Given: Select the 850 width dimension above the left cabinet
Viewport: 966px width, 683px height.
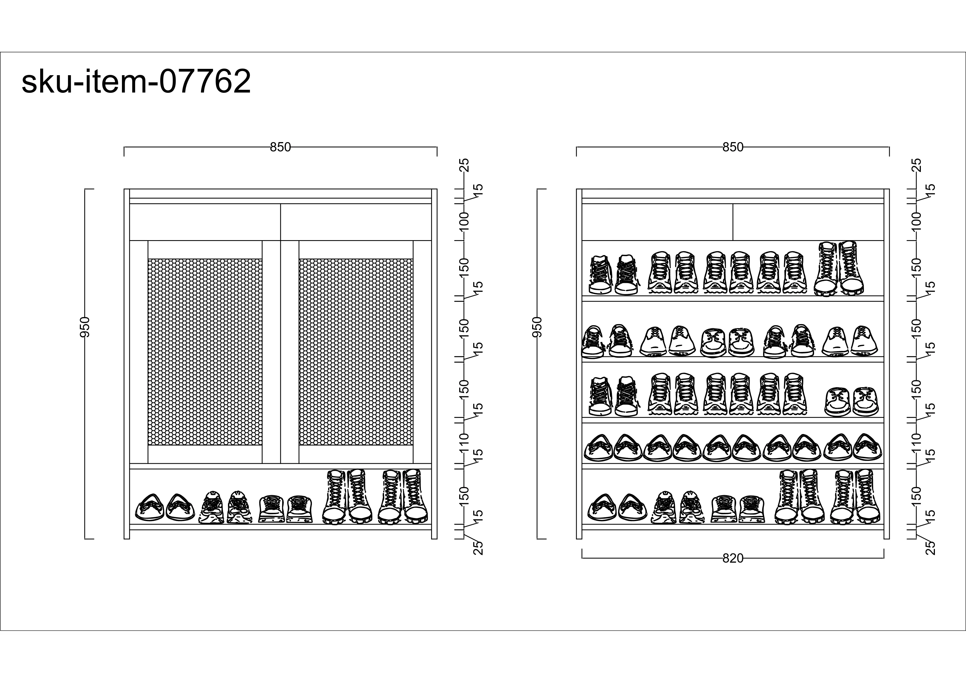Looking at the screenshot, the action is pyautogui.click(x=280, y=147).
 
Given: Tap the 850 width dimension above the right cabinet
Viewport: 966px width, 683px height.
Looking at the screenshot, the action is pyautogui.click(x=733, y=147).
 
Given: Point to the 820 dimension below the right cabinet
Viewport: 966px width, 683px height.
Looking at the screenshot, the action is pyautogui.click(x=733, y=559).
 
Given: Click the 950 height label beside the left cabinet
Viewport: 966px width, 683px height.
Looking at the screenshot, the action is pyautogui.click(x=85, y=327).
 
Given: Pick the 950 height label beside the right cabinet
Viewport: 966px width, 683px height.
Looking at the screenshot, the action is pyautogui.click(x=537, y=327).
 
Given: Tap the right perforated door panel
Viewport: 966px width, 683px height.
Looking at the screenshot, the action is pyautogui.click(x=356, y=352).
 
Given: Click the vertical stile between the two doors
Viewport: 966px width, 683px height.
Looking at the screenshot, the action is pyautogui.click(x=281, y=352).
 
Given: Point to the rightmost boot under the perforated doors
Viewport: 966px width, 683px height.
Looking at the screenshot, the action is pyautogui.click(x=416, y=496).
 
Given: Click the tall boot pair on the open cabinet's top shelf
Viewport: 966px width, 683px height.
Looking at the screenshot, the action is pyautogui.click(x=839, y=269).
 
